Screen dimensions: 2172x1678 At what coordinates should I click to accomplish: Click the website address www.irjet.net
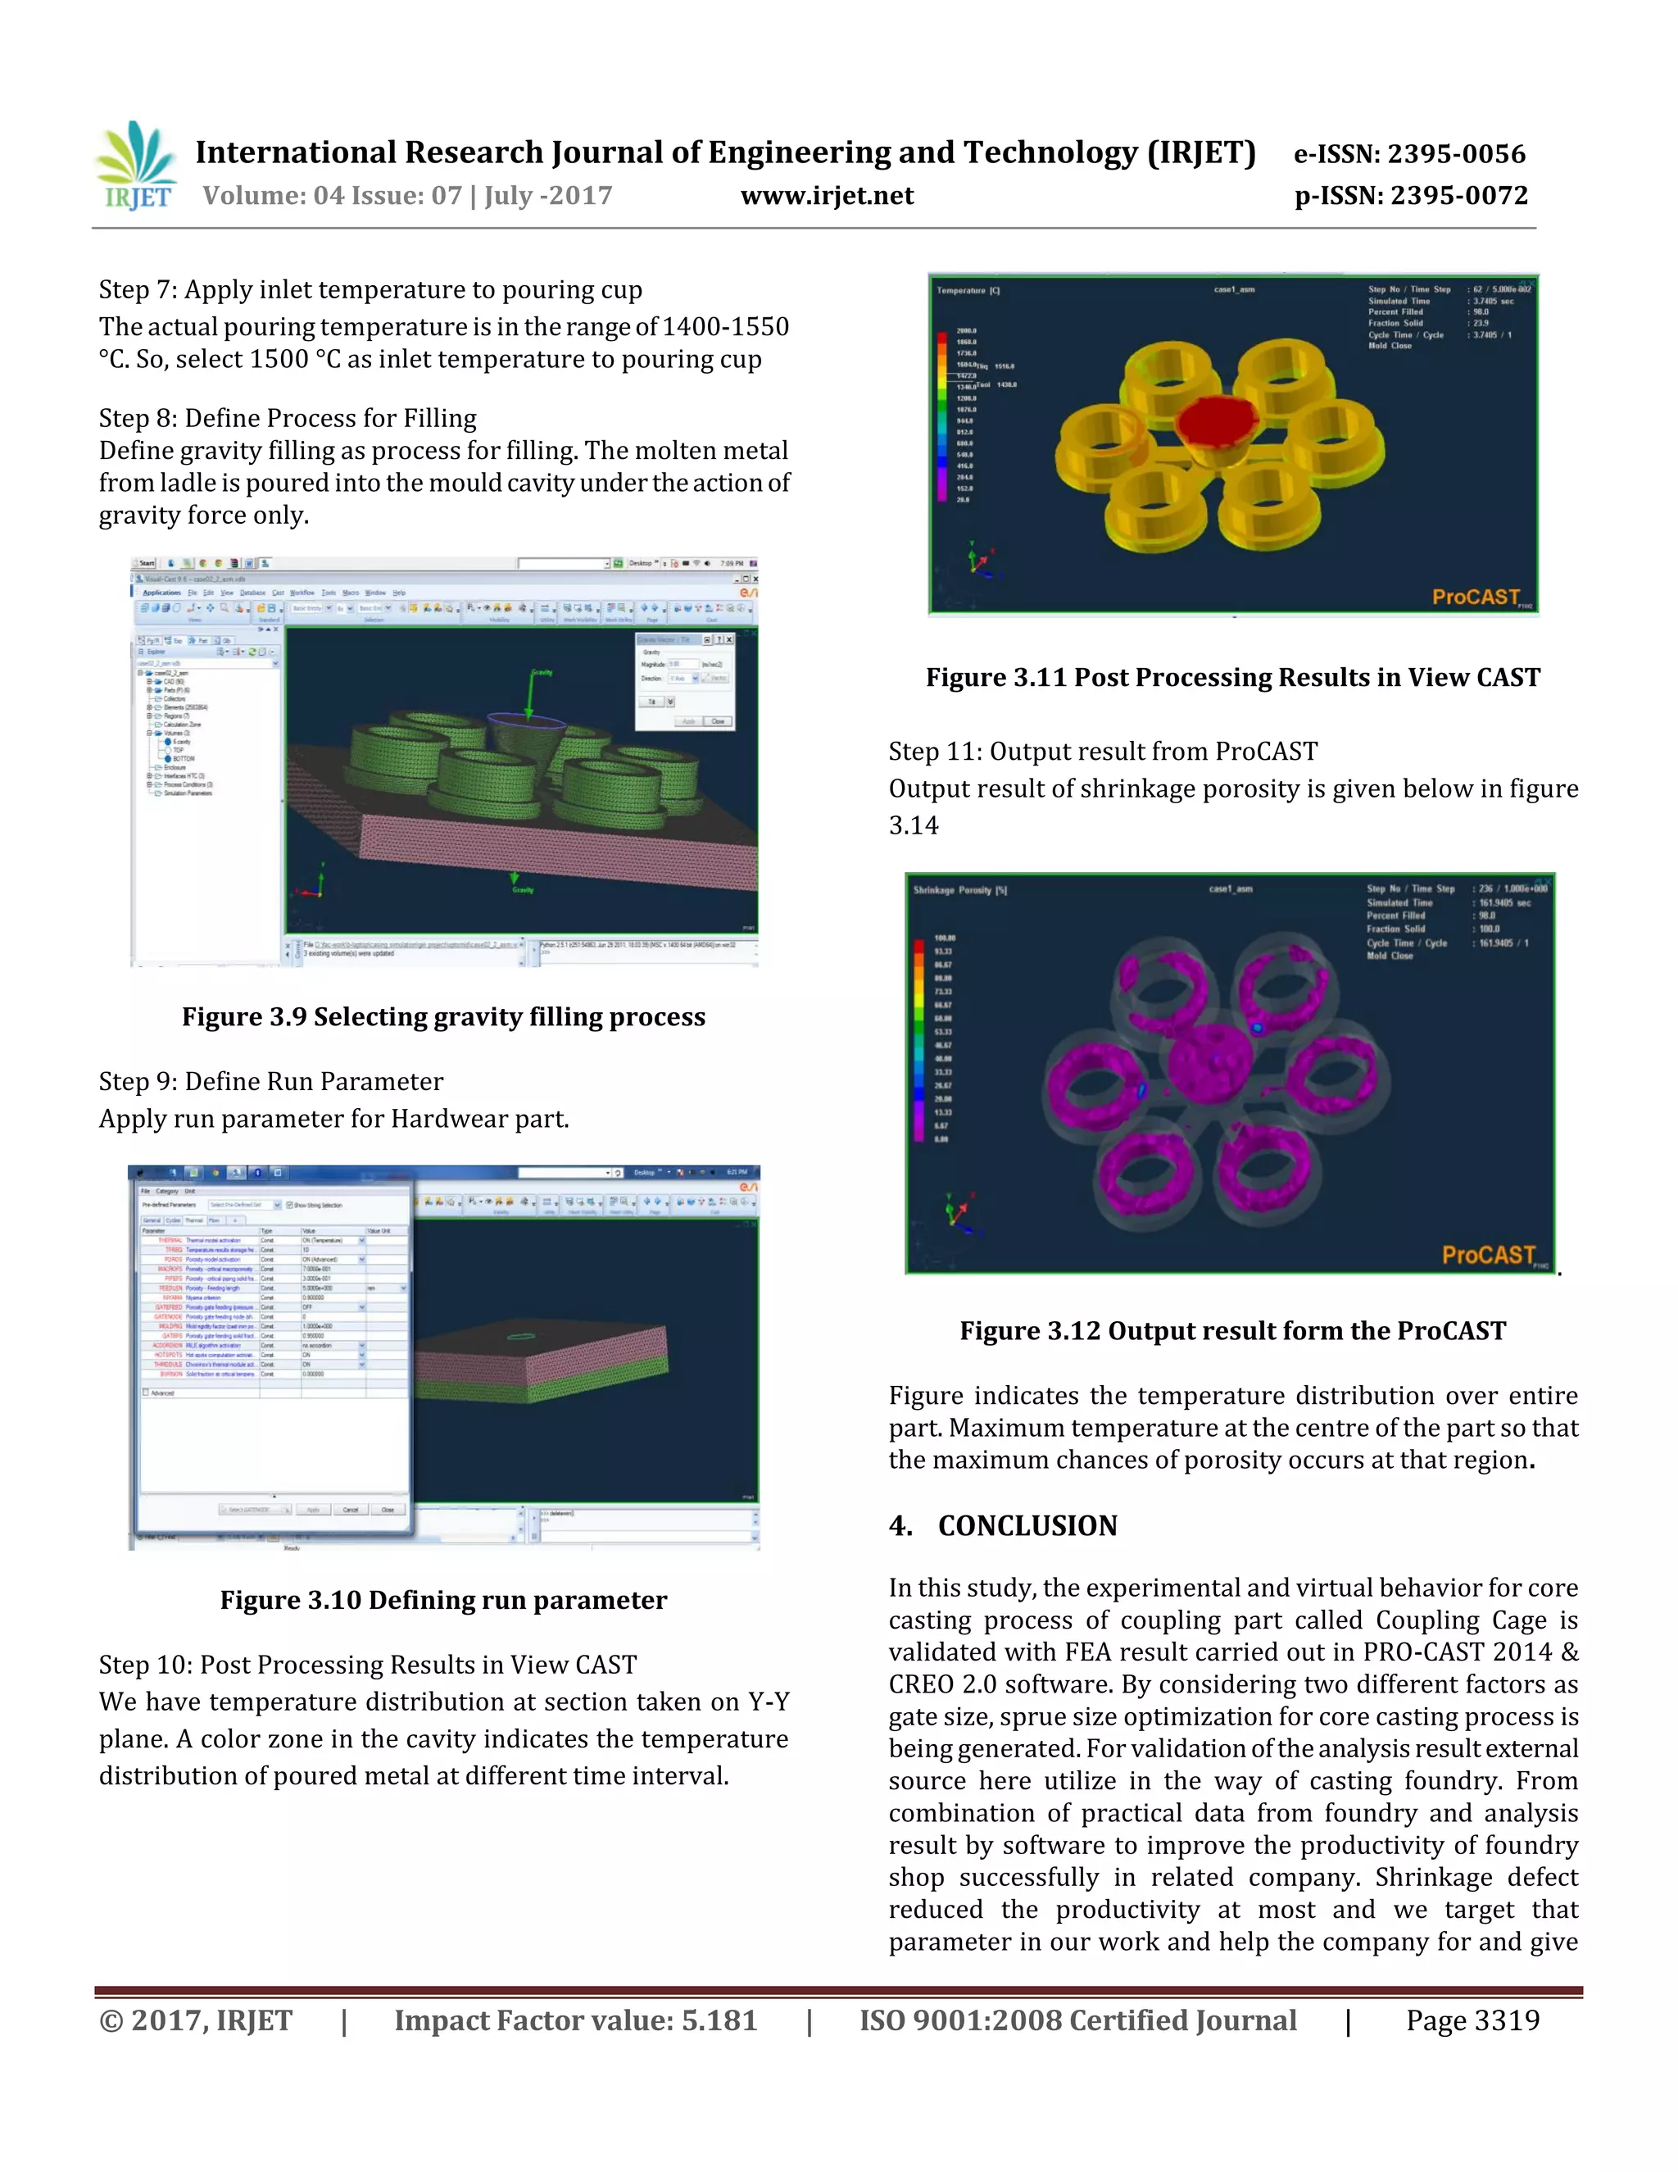tap(826, 195)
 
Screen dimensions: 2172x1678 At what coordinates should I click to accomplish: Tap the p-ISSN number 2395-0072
tap(1458, 195)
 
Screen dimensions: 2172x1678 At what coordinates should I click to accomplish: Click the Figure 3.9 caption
tap(443, 1016)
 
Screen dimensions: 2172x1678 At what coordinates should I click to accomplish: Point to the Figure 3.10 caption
tap(443, 1599)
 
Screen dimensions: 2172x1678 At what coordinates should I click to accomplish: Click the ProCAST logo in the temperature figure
tap(1477, 597)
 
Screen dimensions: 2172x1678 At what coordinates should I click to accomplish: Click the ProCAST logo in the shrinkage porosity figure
tap(1488, 1255)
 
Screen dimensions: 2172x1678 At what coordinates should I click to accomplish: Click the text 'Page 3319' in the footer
tap(1472, 2021)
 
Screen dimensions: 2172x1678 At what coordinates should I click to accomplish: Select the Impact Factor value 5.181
tap(718, 2021)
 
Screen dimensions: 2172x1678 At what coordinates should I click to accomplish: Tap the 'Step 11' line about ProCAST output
tap(1103, 751)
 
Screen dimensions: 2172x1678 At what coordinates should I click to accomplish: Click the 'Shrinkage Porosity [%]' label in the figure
tap(959, 890)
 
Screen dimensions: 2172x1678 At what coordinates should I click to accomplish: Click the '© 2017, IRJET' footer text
tap(196, 2021)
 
